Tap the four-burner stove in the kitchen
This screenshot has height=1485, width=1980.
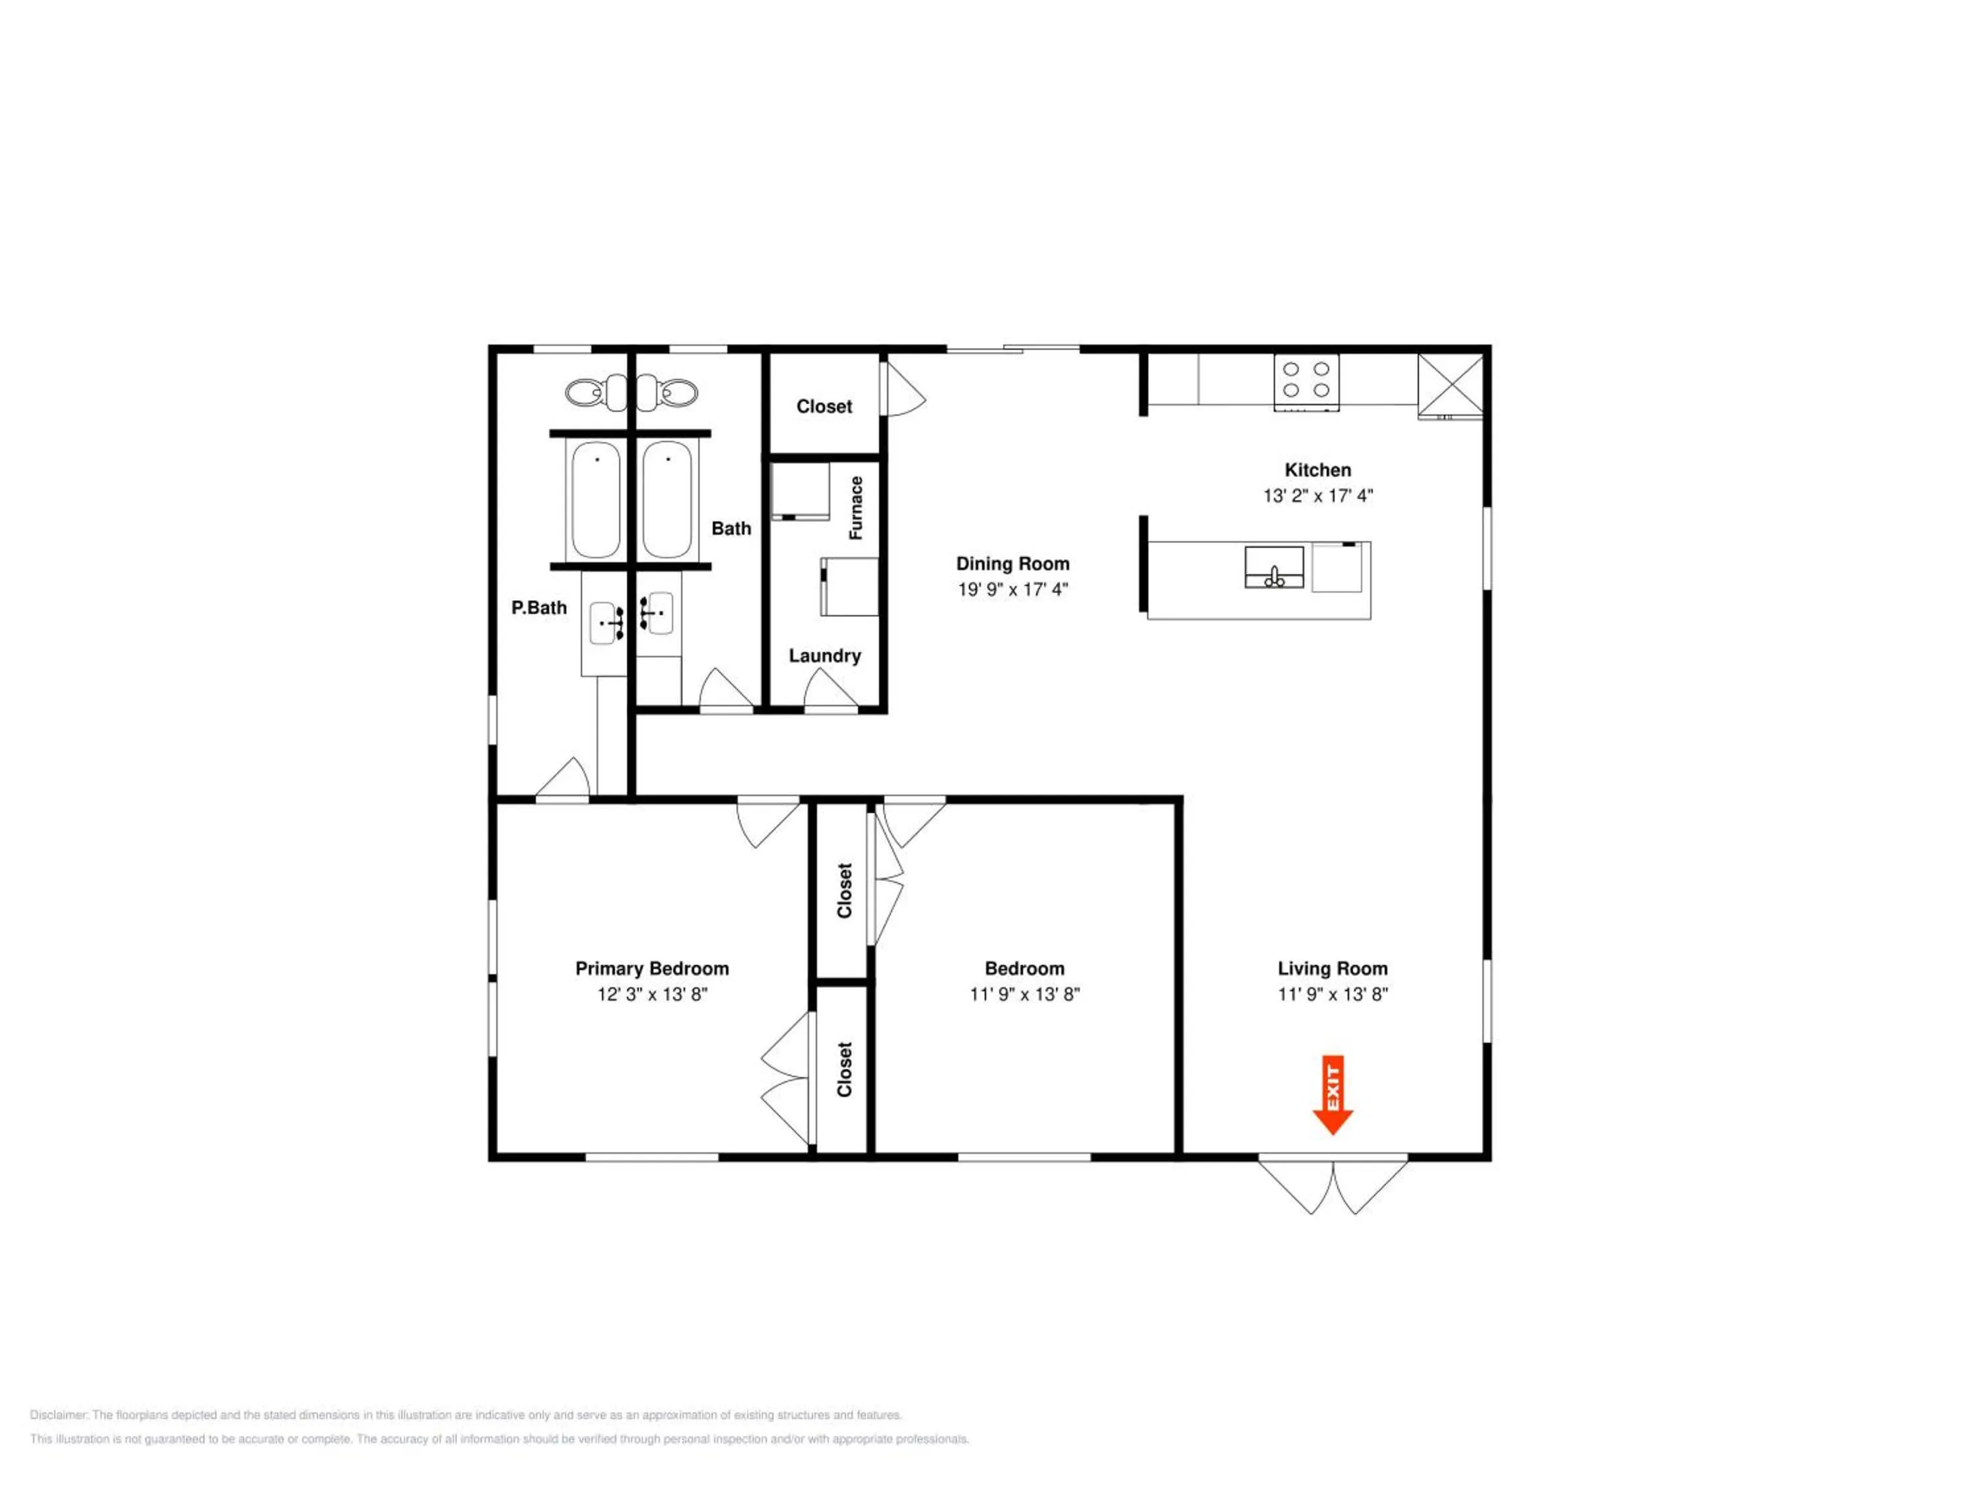click(1307, 382)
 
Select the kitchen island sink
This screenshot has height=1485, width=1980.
click(1274, 568)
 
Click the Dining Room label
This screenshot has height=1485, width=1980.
click(1012, 564)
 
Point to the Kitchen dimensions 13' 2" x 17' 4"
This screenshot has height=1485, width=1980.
click(1317, 496)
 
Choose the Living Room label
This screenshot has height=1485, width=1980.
click(1332, 968)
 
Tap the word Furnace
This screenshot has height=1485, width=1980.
click(857, 508)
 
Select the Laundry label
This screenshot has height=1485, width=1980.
click(824, 656)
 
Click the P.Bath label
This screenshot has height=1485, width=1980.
click(539, 608)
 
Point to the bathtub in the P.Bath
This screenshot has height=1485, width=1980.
click(595, 500)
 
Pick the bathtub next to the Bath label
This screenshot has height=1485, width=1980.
click(667, 500)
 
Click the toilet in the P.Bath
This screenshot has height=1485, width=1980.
click(595, 392)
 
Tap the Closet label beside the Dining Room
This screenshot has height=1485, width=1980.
click(824, 407)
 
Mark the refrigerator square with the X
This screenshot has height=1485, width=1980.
click(1450, 385)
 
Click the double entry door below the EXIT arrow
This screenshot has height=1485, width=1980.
click(1333, 1187)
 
